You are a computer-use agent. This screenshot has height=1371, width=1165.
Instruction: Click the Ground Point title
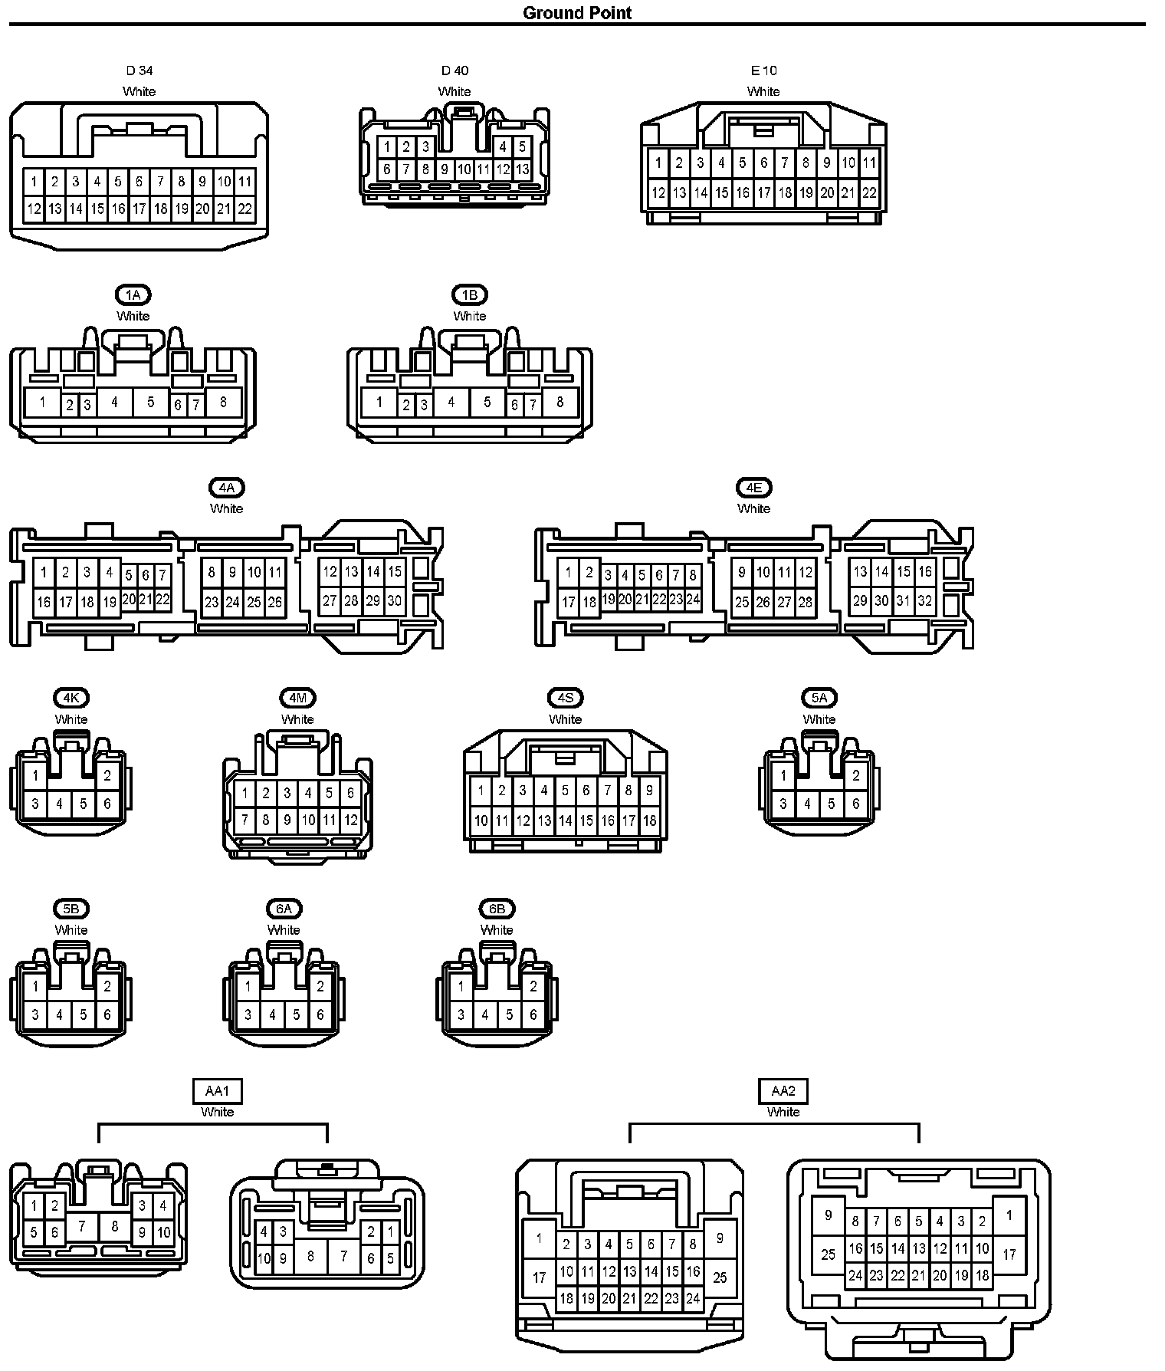point(577,13)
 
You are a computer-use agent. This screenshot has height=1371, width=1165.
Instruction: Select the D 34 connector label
point(139,71)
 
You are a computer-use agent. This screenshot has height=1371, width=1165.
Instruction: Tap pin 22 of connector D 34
point(244,209)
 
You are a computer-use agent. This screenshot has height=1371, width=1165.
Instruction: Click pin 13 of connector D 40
point(522,169)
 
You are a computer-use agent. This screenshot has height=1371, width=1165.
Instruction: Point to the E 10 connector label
point(763,71)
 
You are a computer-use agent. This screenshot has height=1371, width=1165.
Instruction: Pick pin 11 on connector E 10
point(869,163)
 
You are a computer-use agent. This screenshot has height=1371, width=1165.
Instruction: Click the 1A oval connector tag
point(133,295)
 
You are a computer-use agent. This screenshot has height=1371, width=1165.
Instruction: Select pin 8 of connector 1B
point(560,402)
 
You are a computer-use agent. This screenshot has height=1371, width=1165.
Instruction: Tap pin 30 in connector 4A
point(394,601)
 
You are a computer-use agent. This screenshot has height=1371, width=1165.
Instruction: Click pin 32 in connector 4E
point(925,601)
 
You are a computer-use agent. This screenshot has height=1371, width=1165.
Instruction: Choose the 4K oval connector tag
point(71,698)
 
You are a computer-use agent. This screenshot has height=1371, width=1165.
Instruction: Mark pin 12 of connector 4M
point(350,820)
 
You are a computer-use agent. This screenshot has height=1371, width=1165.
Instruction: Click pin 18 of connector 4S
point(649,820)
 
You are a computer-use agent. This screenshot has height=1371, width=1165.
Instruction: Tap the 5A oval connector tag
point(819,698)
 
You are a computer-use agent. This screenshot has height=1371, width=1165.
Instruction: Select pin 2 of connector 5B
point(107,987)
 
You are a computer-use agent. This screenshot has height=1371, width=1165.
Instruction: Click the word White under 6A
point(284,930)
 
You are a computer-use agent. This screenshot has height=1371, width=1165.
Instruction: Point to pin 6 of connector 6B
point(533,1015)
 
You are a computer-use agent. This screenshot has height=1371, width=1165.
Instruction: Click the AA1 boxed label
point(217,1090)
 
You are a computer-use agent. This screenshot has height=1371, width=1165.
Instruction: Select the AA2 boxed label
point(783,1090)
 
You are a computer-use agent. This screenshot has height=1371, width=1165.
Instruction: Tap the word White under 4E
point(753,508)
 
